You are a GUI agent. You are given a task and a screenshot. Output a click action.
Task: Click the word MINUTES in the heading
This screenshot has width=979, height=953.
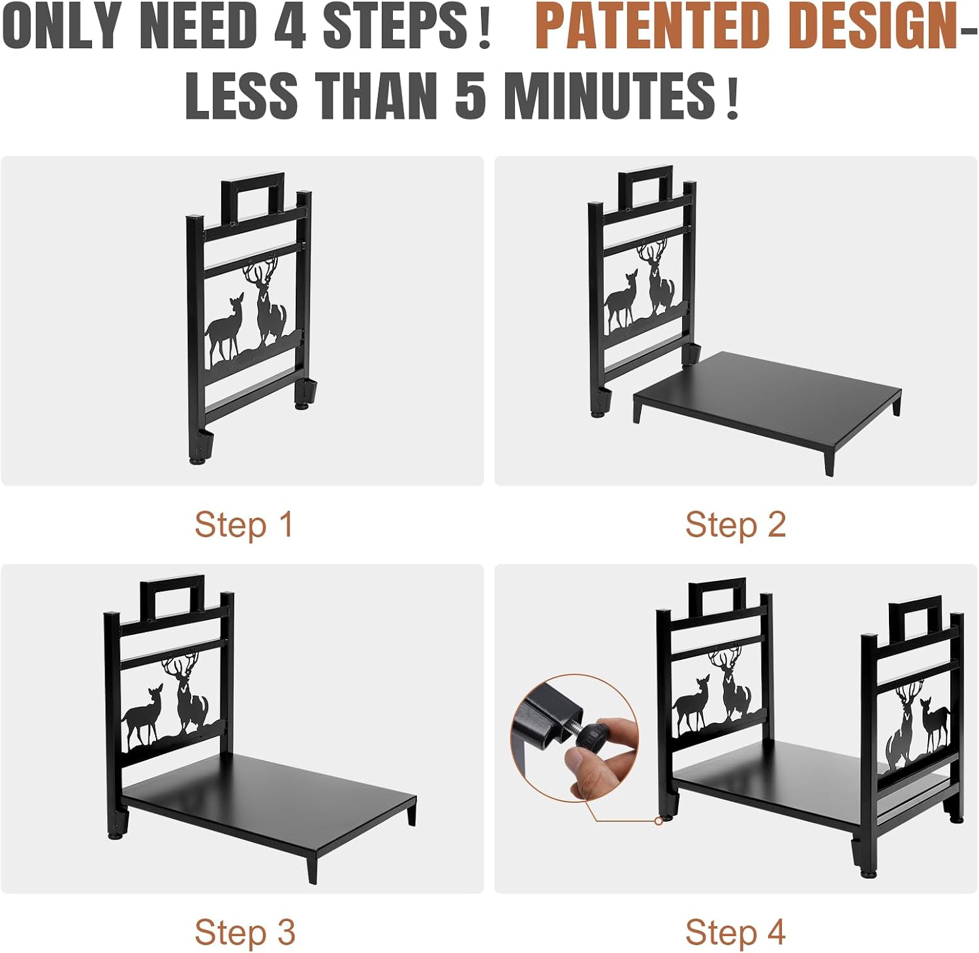610,95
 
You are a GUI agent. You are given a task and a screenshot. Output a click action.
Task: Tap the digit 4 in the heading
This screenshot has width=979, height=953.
290,27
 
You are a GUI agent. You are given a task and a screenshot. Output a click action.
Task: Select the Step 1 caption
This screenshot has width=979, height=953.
244,525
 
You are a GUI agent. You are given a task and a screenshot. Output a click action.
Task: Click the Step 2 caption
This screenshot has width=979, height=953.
736,525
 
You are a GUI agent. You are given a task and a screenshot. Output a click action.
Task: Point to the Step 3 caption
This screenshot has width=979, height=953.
245,933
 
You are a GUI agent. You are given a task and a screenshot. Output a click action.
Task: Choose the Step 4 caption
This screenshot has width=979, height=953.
736,933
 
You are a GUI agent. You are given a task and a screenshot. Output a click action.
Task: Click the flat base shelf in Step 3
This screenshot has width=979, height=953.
268,803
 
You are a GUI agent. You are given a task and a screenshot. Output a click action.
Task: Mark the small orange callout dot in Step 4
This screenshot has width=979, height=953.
659,821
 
